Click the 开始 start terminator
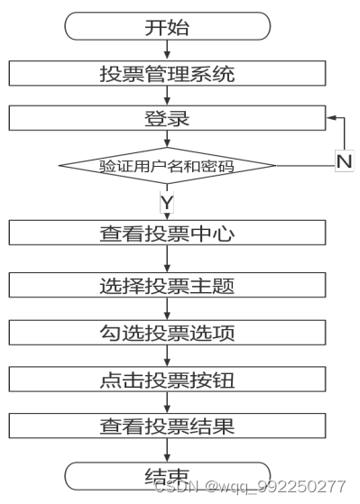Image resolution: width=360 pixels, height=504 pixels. click(167, 25)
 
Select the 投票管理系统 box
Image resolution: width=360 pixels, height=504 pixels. click(167, 73)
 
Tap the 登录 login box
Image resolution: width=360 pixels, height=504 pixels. click(167, 118)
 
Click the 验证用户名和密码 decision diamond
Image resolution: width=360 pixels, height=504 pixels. click(167, 165)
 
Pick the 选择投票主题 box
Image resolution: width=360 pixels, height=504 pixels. click(167, 286)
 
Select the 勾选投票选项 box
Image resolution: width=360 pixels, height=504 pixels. click(167, 333)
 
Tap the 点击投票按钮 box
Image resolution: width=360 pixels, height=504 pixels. click(167, 380)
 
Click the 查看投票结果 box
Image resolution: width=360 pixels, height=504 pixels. click(167, 426)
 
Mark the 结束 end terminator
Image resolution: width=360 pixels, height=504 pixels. click(167, 475)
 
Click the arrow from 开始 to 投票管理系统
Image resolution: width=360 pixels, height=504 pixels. click(167, 50)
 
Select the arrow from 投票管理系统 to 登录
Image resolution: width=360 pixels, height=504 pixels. click(167, 96)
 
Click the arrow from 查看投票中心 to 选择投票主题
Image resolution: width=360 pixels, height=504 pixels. click(167, 259)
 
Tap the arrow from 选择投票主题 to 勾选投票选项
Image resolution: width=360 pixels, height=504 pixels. click(167, 309)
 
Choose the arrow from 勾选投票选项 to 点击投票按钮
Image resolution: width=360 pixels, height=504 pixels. click(167, 356)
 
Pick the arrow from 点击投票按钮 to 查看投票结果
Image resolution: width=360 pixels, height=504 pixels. click(167, 403)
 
